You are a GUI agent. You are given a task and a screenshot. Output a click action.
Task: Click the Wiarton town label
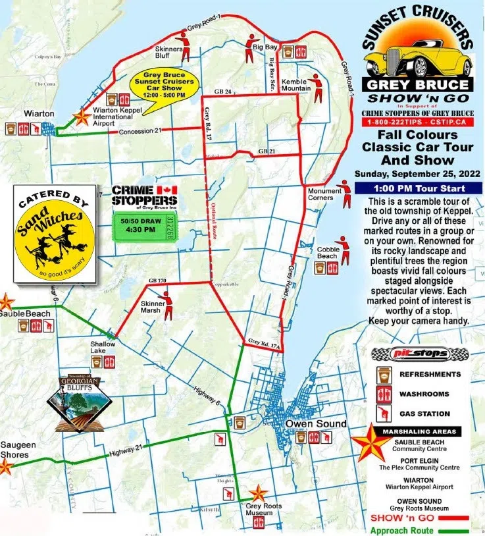click(39, 113)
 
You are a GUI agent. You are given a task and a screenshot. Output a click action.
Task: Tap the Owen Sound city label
click(315, 423)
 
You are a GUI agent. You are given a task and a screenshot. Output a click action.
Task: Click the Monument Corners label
click(325, 195)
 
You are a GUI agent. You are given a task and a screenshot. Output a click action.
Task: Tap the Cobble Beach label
click(328, 253)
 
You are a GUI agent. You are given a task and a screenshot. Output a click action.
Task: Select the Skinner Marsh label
click(152, 308)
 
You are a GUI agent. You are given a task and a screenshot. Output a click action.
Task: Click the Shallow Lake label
click(103, 348)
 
